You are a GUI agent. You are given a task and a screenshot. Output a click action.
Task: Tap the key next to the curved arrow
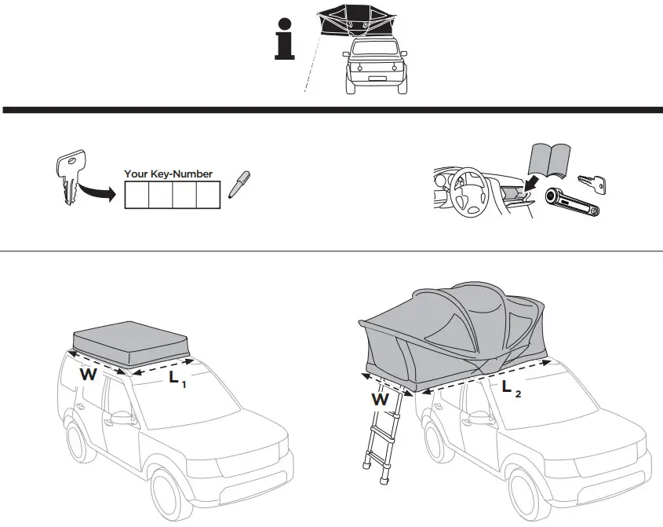click(x=67, y=177)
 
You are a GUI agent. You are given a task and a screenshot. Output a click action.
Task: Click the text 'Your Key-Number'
click(x=168, y=174)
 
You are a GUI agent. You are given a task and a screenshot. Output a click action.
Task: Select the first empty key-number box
click(x=137, y=194)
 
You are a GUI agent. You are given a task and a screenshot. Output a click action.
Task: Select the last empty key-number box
click(x=206, y=194)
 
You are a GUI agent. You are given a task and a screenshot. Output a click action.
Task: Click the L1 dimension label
click(x=177, y=379)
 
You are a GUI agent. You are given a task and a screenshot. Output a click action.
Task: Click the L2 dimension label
click(x=511, y=387)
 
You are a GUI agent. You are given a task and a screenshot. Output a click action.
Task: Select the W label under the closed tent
click(x=88, y=375)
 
